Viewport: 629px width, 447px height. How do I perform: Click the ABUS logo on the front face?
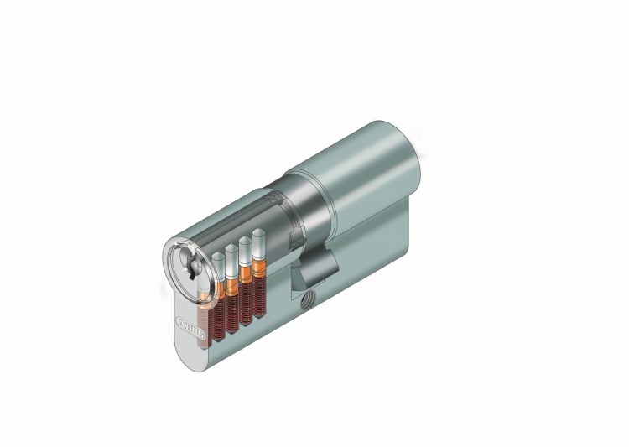[187, 324]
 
